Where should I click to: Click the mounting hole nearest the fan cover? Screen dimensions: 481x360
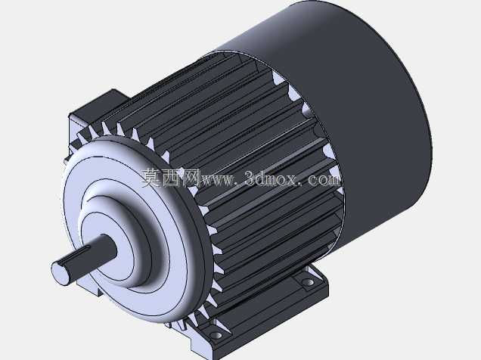coord(308,282)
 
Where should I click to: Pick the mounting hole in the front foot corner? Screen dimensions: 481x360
coord(216,335)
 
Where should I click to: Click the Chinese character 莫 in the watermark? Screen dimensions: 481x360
coord(151,178)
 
